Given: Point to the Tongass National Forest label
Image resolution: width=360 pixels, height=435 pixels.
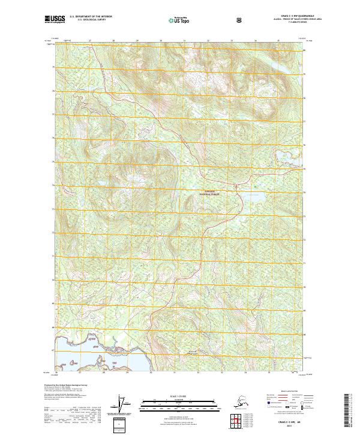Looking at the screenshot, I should (211, 194).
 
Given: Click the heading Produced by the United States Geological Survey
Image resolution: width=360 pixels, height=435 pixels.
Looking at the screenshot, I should (62, 385).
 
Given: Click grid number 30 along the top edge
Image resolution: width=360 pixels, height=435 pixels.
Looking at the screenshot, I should (161, 41).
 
